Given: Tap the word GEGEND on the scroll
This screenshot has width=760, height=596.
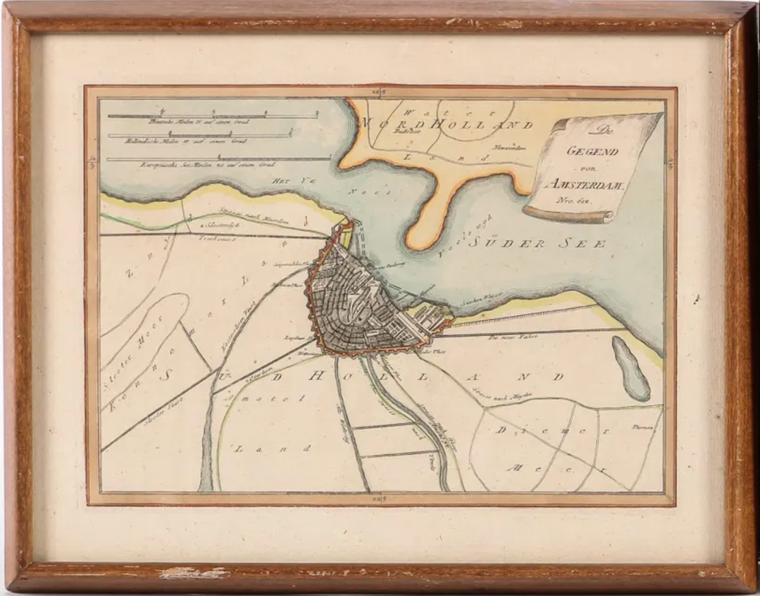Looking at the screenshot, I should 585,151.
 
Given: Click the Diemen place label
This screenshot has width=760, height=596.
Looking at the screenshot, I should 644,428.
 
